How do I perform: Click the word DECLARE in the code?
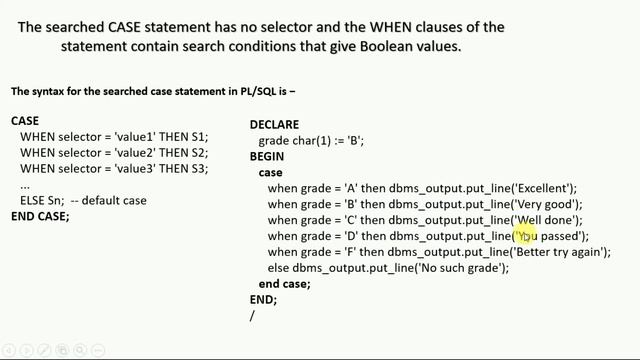pos(274,124)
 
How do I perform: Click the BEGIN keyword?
pos(267,156)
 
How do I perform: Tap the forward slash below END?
pos(253,315)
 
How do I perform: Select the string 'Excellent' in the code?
pos(543,188)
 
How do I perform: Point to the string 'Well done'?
pos(547,220)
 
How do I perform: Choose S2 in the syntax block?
pos(198,152)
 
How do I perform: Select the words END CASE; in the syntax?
pos(40,216)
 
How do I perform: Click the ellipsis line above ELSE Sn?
pos(25,184)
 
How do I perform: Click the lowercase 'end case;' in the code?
pos(285,284)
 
